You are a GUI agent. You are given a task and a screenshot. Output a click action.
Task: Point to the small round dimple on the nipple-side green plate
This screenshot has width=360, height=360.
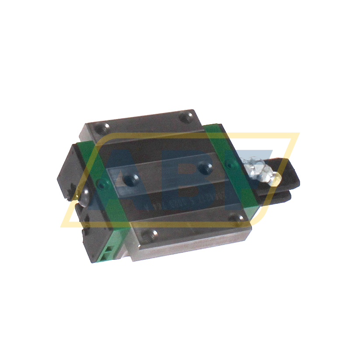227,164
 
